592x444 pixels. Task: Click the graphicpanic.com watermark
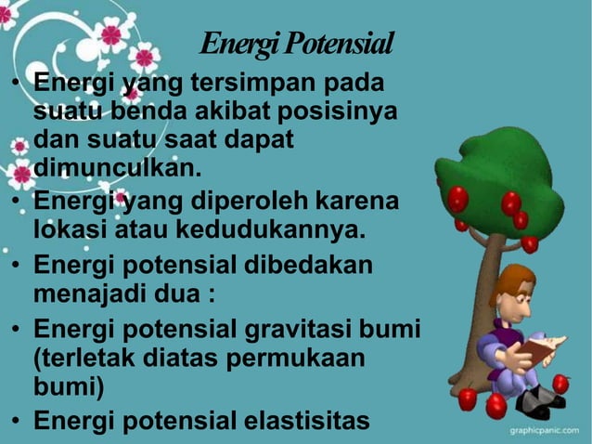(x=547, y=432)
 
